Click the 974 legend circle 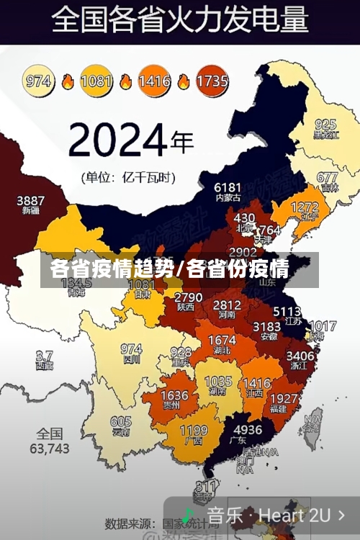click(x=39, y=81)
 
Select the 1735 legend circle click(x=212, y=81)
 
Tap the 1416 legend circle click(x=154, y=81)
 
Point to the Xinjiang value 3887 click(x=30, y=200)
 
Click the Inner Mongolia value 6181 click(x=228, y=187)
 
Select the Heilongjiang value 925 click(x=325, y=124)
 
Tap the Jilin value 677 click(x=327, y=177)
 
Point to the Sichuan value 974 click(x=131, y=349)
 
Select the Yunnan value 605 click(x=121, y=422)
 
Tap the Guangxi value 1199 click(x=193, y=431)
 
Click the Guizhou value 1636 click(x=174, y=396)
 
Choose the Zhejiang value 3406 click(x=300, y=356)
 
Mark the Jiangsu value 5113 click(x=287, y=312)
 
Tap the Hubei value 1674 click(x=222, y=341)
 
